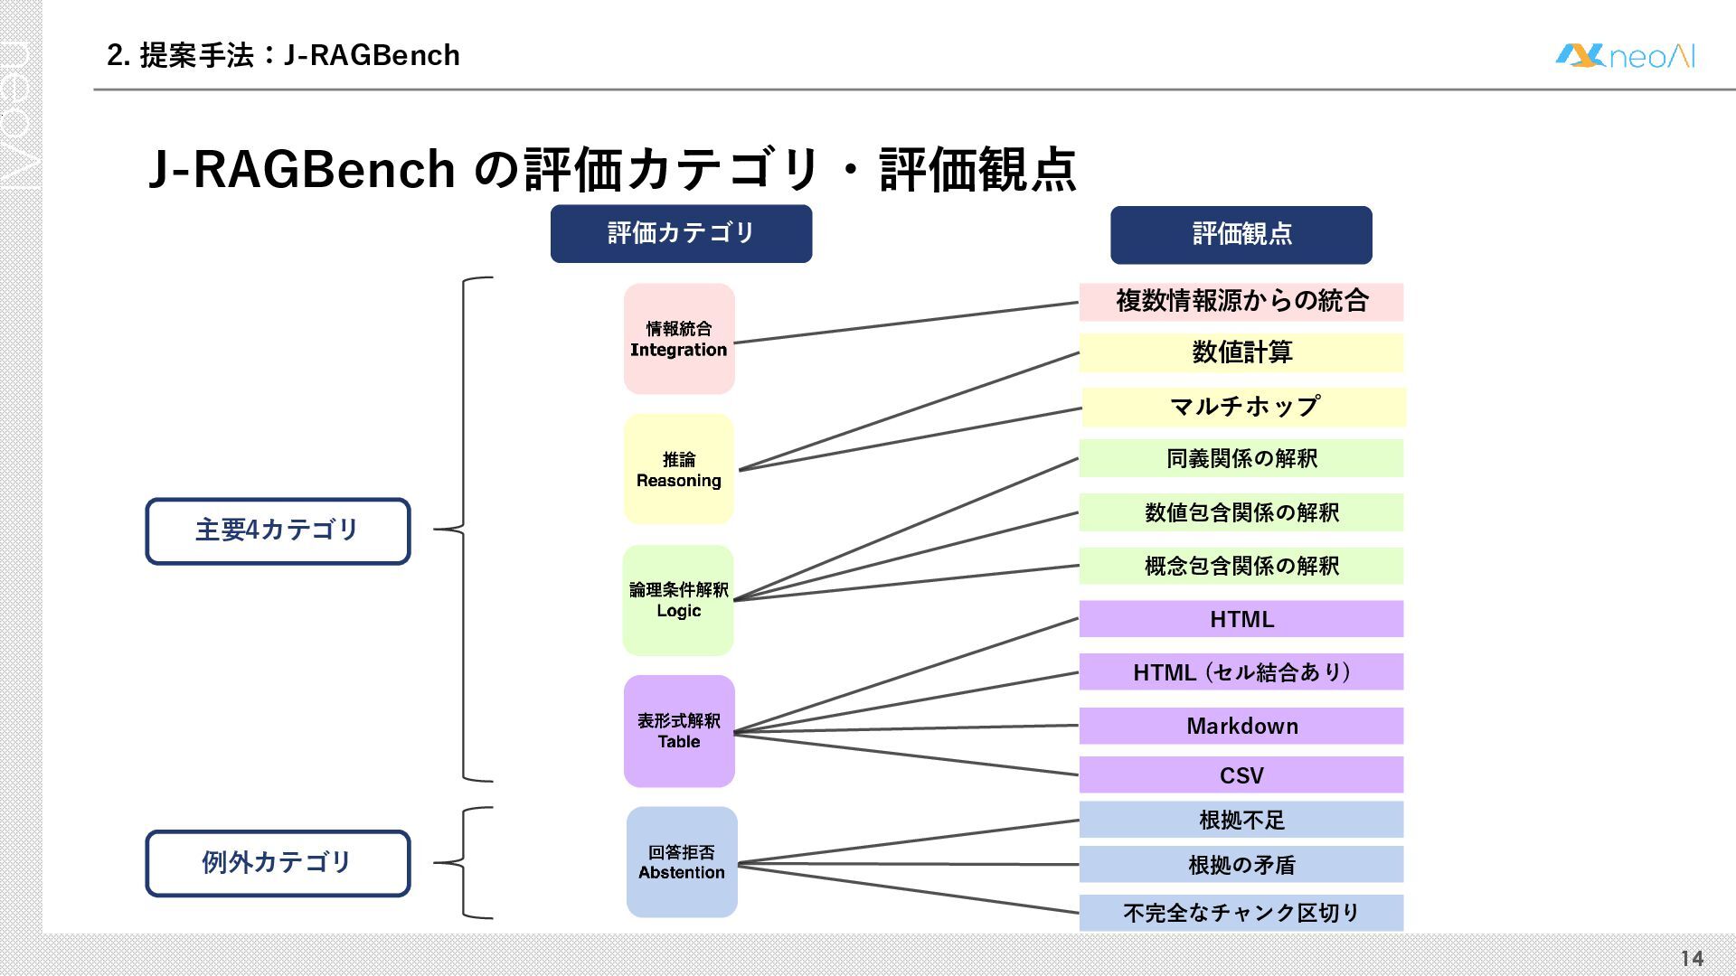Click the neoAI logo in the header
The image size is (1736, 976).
[1624, 56]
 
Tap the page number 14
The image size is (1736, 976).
[1691, 958]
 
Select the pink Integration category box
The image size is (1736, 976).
[679, 339]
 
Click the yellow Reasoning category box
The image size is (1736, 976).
[679, 470]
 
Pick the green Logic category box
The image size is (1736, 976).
[678, 600]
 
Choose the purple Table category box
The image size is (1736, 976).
[679, 731]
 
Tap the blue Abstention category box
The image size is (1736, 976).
[682, 862]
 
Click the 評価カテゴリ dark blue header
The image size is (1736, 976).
[681, 233]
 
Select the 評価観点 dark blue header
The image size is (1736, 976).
[1241, 234]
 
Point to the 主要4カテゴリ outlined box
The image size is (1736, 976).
[278, 530]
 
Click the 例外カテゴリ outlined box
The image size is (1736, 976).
[278, 863]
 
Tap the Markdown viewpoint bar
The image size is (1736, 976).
[1241, 726]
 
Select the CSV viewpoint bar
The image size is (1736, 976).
[1241, 775]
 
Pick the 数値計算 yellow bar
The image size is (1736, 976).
[1241, 352]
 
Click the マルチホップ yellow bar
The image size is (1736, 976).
[1243, 407]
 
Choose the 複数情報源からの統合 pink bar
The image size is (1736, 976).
[1241, 302]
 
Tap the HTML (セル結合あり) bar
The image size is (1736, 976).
[1241, 672]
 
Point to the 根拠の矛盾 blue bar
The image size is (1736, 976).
[1241, 865]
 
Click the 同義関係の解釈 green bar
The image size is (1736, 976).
[1241, 458]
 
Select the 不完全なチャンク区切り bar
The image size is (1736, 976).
[1241, 913]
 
